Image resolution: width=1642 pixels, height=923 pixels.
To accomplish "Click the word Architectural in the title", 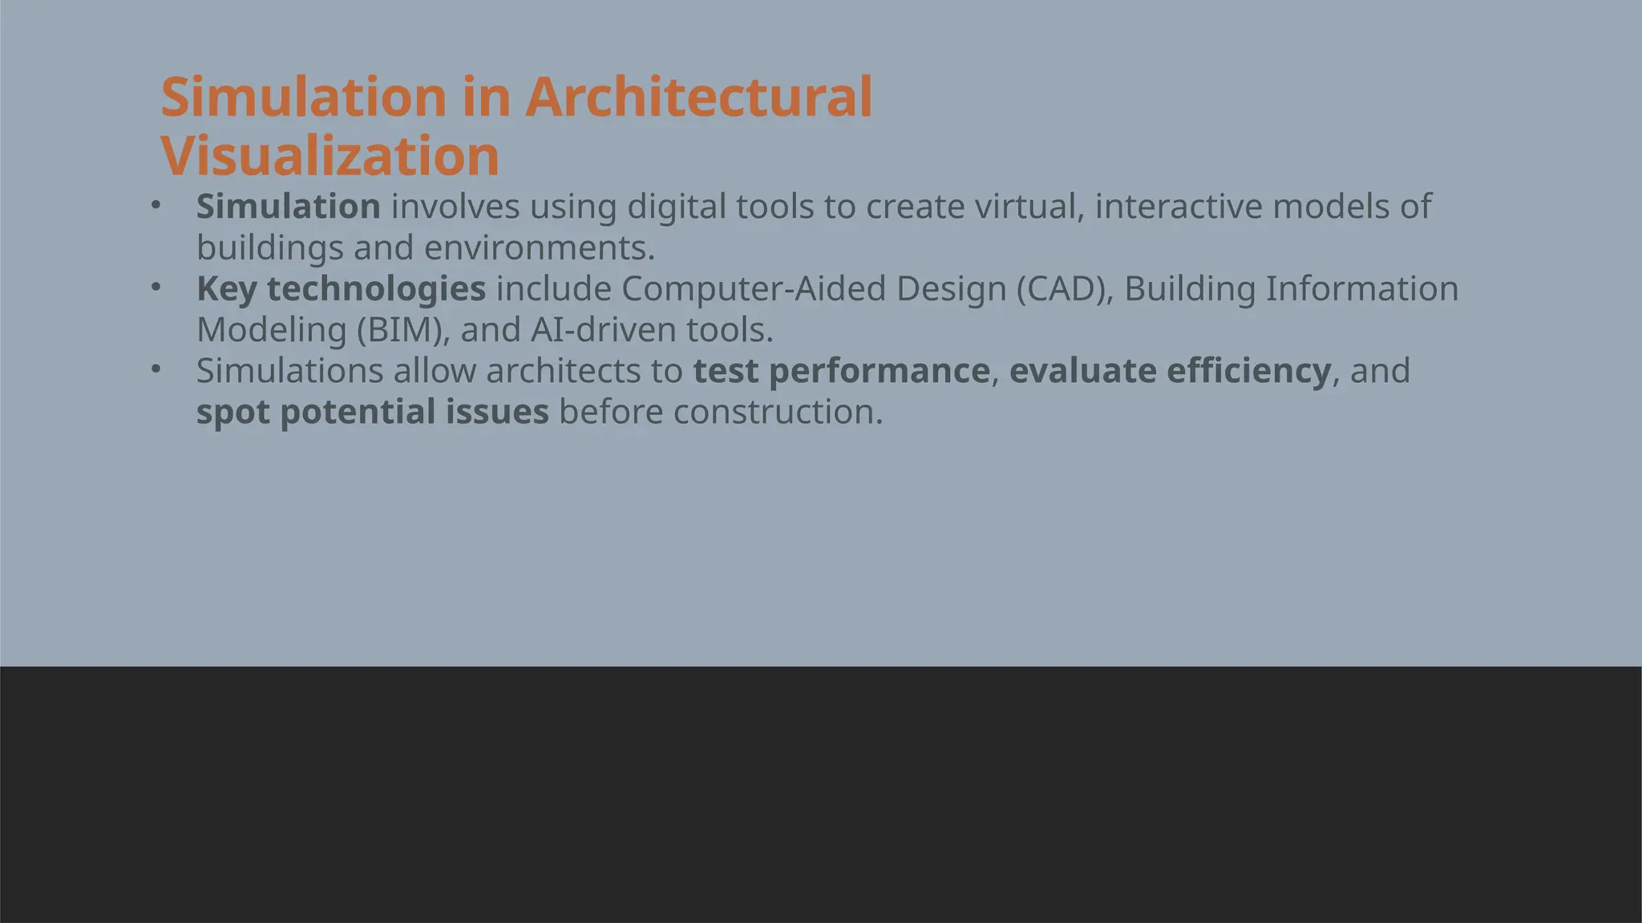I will (698, 97).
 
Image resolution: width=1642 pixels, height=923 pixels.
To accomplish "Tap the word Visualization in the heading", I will (330, 155).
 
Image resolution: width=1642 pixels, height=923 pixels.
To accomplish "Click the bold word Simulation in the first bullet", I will (289, 207).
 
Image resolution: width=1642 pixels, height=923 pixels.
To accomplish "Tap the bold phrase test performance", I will (841, 371).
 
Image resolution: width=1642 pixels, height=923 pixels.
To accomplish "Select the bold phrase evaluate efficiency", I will (1170, 371).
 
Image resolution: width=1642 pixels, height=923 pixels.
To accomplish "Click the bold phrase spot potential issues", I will (373, 412).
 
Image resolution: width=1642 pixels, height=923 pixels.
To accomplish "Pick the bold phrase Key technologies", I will (341, 289).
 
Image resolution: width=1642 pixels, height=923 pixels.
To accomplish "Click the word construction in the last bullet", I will (778, 412).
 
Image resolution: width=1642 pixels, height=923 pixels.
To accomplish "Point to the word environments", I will (539, 248).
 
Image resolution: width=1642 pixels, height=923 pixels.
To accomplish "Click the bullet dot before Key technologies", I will (156, 286).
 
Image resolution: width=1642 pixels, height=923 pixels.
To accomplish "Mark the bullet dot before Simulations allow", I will (156, 369).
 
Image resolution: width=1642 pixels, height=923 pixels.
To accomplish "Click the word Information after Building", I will (1362, 289).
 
